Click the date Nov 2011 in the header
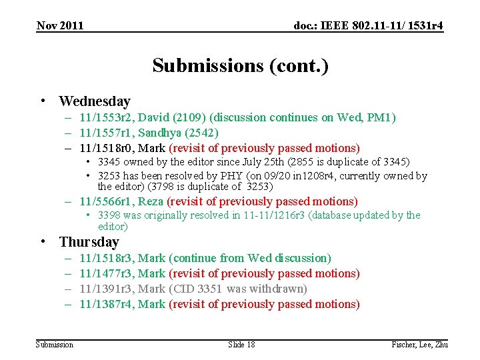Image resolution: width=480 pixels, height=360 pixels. click(x=60, y=25)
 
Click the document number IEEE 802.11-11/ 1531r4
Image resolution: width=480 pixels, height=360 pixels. click(x=369, y=25)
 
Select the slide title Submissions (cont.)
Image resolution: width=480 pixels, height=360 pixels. click(x=240, y=65)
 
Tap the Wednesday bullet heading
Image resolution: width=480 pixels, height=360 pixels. click(x=94, y=101)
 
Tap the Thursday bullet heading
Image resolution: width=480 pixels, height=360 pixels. click(x=89, y=242)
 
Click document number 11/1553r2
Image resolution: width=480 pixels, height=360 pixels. click(x=107, y=118)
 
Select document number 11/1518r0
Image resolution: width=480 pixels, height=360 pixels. click(x=107, y=148)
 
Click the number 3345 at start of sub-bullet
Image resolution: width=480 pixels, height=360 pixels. click(x=109, y=162)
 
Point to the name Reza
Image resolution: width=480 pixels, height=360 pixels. click(x=151, y=201)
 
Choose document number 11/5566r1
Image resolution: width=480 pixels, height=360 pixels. click(x=107, y=201)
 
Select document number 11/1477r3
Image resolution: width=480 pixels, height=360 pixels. click(x=107, y=273)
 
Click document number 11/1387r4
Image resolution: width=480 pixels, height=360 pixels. click(x=107, y=304)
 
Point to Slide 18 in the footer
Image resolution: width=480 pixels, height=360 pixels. click(x=241, y=344)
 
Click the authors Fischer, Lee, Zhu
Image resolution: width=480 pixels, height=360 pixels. click(x=419, y=344)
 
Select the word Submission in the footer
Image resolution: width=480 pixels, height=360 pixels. click(x=55, y=344)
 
